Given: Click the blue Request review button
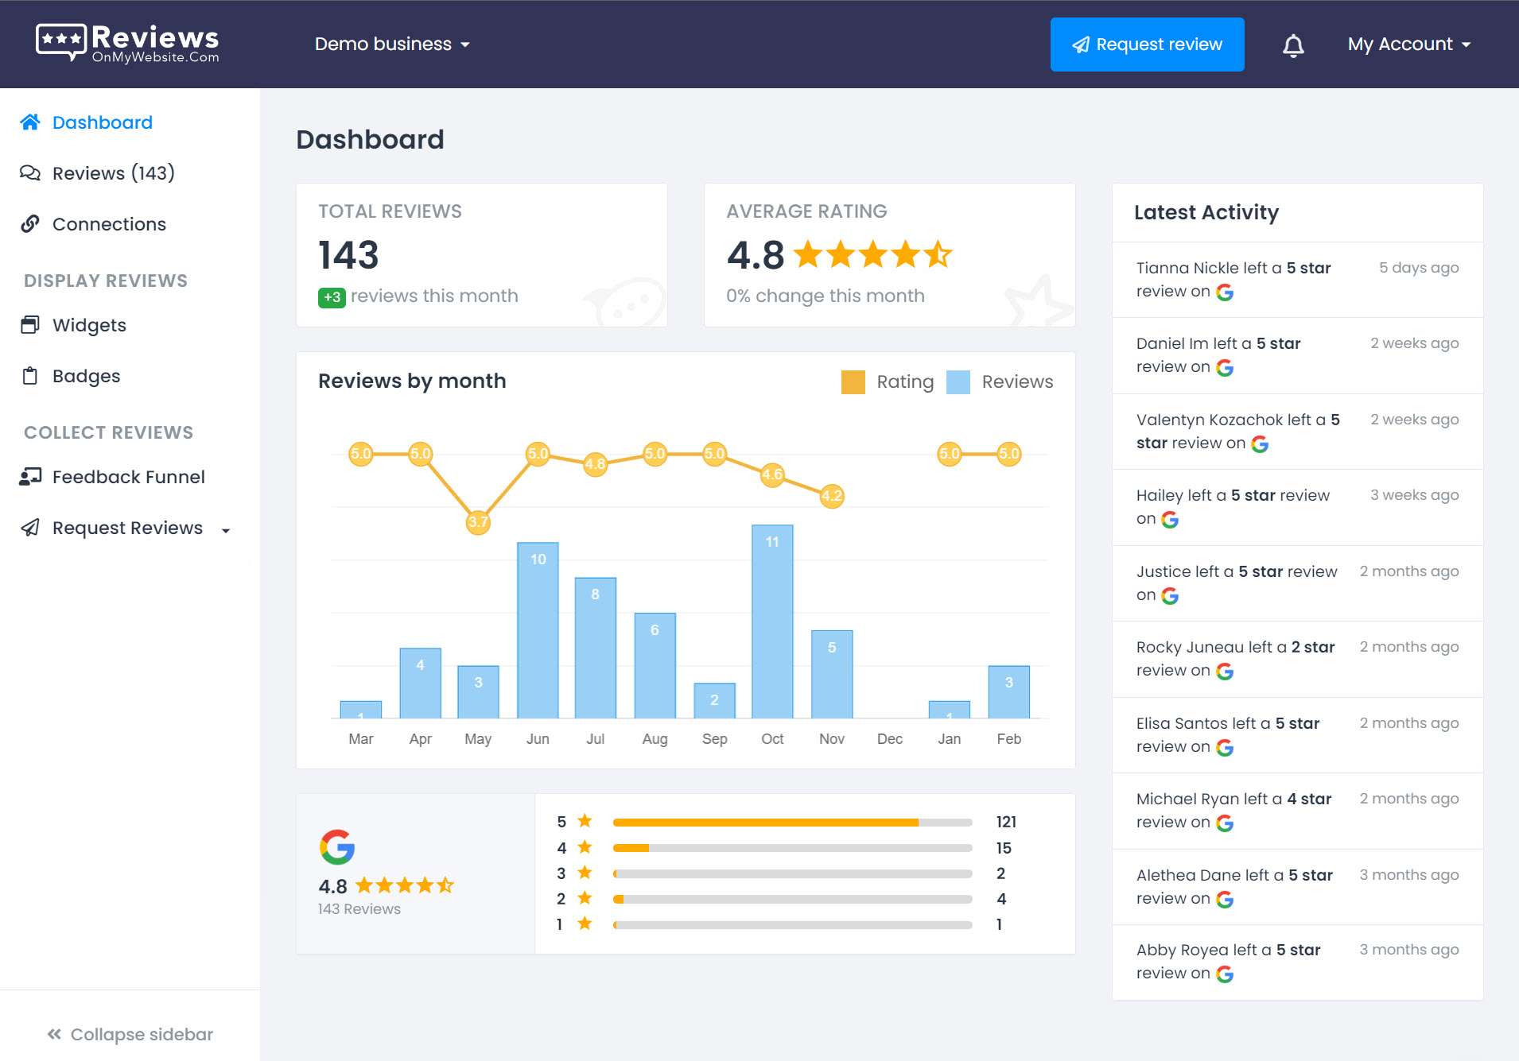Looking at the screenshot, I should (1147, 45).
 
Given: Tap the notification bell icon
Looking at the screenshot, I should (1293, 45).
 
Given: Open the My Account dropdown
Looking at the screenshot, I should (1408, 45).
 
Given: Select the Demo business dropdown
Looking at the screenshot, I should (392, 45).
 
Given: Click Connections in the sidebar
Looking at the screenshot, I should (109, 224).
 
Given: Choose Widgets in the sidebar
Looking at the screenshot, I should (89, 325).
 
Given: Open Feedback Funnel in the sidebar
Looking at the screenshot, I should (128, 477).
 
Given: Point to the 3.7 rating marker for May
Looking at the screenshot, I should (478, 522).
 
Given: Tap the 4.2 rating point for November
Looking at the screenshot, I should (832, 496).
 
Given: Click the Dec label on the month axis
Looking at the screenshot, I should (890, 739).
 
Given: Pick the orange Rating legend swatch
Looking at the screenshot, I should (853, 381).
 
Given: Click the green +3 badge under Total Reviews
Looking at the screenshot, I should (332, 297).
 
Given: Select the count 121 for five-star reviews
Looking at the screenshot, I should (1006, 822).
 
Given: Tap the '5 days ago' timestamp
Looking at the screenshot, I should (1419, 268).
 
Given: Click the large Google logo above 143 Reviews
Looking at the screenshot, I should (337, 847).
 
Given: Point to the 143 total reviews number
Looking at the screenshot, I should (348, 255).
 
